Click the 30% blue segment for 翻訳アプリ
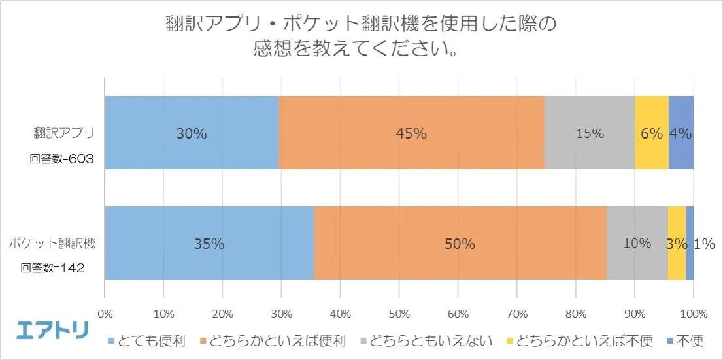tap(192, 133)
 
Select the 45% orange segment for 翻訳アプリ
tap(411, 133)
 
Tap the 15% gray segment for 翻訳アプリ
tap(589, 133)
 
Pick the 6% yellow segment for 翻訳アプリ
tap(651, 133)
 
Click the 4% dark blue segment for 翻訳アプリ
tap(681, 133)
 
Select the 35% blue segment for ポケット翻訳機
tap(209, 244)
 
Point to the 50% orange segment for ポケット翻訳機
tap(460, 244)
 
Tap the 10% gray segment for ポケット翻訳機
tap(636, 244)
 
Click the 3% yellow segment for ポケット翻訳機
tap(676, 244)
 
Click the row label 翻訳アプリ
tap(64, 133)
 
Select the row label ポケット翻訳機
tap(52, 244)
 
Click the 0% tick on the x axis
tap(105, 314)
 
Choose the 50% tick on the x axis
tap(399, 314)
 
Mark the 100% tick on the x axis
tap(694, 314)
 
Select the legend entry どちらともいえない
tap(424, 340)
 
